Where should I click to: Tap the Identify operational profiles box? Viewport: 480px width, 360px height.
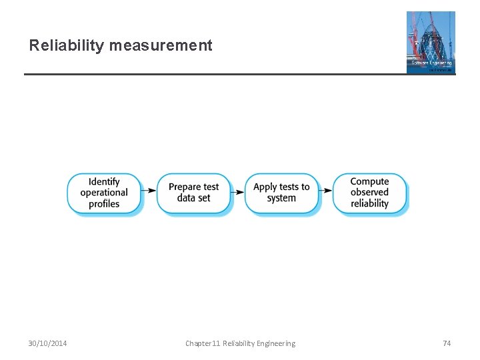tap(104, 193)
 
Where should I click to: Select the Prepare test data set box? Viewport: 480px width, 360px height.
tap(193, 193)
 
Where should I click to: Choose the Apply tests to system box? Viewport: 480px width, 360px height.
tap(281, 193)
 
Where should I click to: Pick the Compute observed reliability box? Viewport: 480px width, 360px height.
tap(369, 193)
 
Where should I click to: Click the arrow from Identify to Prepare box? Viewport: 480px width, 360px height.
tap(149, 193)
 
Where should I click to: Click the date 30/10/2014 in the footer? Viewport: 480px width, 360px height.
tap(47, 343)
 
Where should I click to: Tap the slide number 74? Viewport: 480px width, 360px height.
tap(447, 343)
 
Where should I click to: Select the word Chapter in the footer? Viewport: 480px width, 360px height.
tap(198, 343)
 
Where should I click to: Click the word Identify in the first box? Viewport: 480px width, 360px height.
tap(104, 181)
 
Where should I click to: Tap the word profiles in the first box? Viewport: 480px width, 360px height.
tap(104, 204)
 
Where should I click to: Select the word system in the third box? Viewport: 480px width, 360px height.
tap(281, 199)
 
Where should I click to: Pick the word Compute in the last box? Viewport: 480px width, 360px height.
tap(369, 181)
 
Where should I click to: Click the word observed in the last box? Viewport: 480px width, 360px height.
tap(369, 193)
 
